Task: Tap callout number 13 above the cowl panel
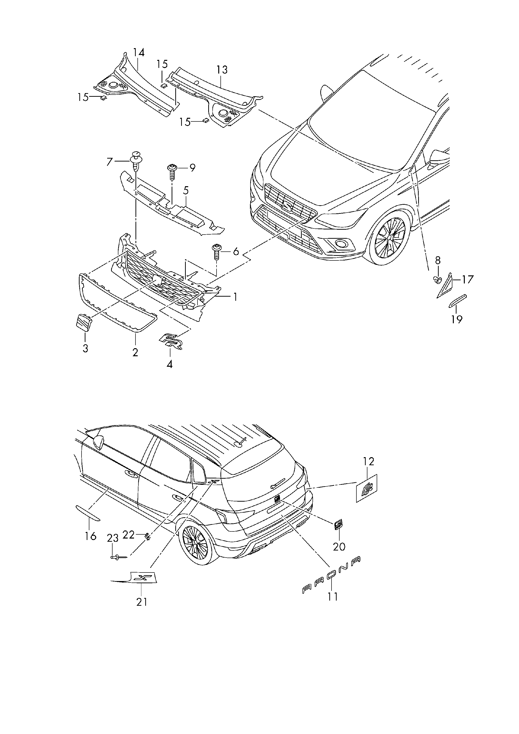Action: [x=222, y=69]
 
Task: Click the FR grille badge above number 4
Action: [x=171, y=342]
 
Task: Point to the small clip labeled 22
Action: [x=147, y=536]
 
